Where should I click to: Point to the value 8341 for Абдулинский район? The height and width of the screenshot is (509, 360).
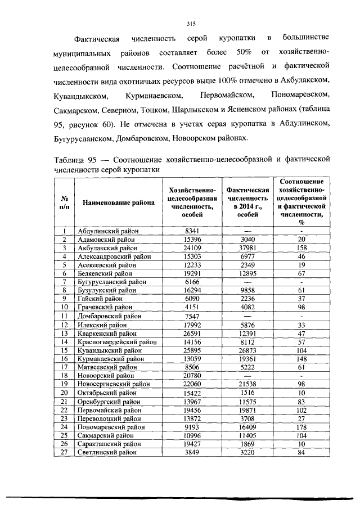[192, 231]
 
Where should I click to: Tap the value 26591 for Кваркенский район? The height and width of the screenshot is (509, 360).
[192, 332]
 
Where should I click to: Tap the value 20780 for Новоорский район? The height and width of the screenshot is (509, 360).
[192, 375]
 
